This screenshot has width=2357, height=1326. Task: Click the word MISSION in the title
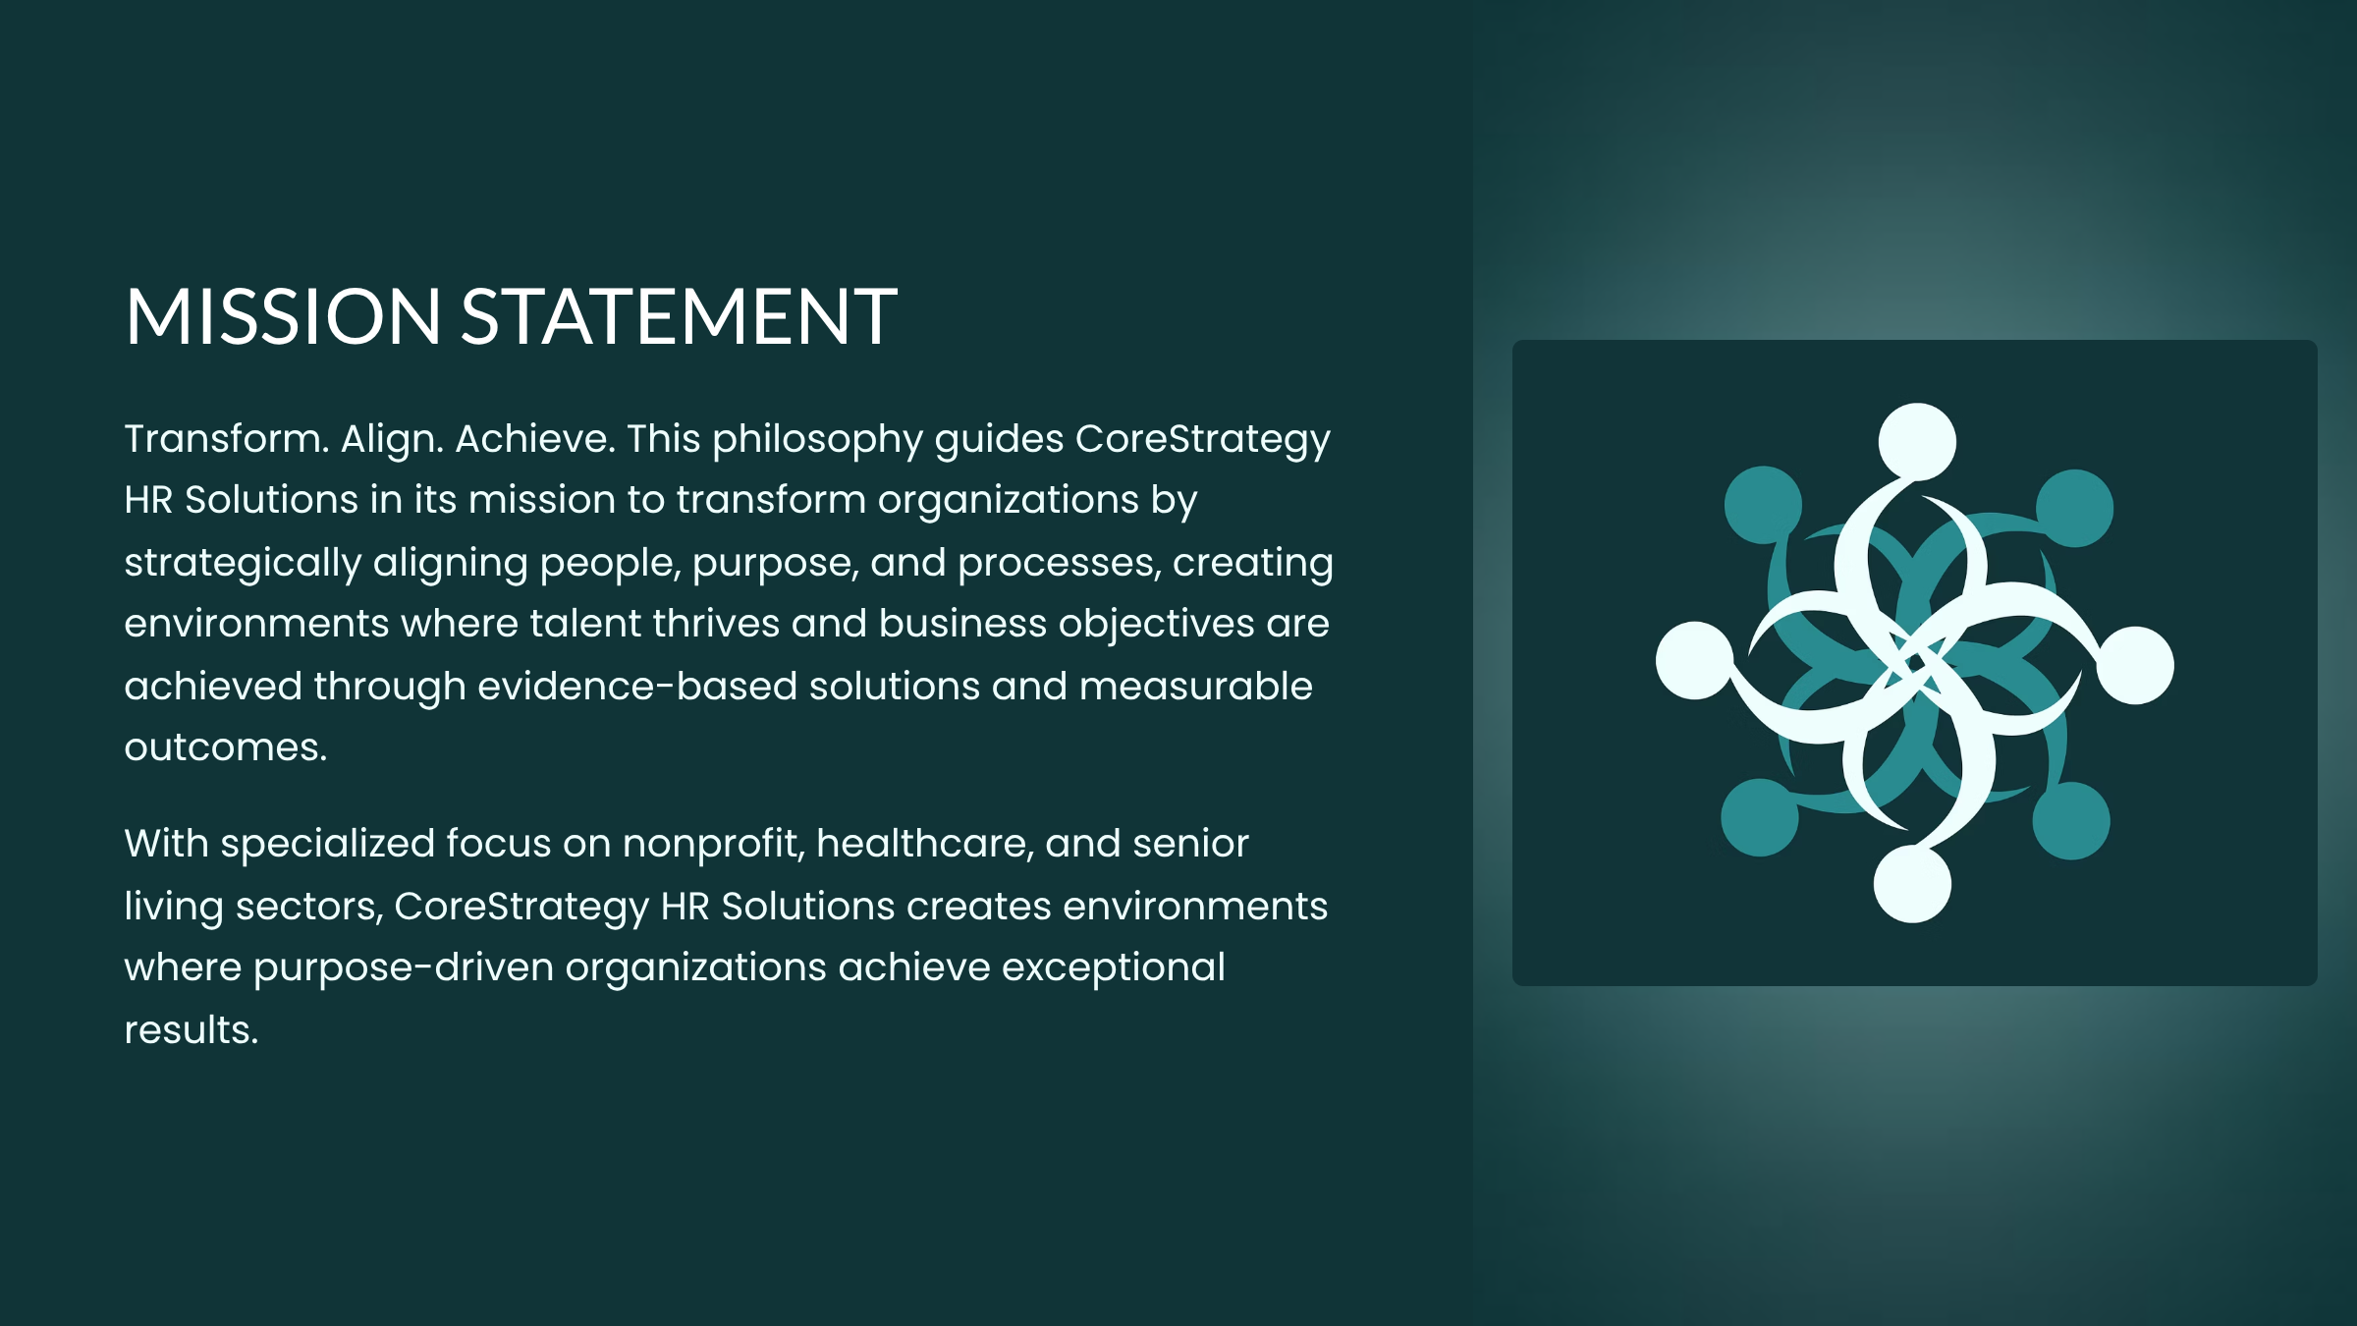[x=283, y=316]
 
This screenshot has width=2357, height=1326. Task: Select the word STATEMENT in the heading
[x=679, y=316]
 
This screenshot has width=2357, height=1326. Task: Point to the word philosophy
[x=817, y=440]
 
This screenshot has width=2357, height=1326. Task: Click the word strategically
[x=243, y=564]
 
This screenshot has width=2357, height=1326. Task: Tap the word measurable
[x=1195, y=687]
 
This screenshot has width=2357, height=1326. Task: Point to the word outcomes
[x=225, y=748]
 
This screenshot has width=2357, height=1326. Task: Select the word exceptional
[x=1114, y=968]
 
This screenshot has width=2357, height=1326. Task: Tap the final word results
[x=192, y=1030]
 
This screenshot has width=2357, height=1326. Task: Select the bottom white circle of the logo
[x=1912, y=884]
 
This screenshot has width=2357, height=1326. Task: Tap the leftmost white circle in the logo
[x=1695, y=660]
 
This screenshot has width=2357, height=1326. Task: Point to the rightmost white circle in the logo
[x=2135, y=665]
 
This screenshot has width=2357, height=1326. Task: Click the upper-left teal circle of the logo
[x=1763, y=505]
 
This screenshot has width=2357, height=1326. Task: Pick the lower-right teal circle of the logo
[x=2071, y=821]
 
